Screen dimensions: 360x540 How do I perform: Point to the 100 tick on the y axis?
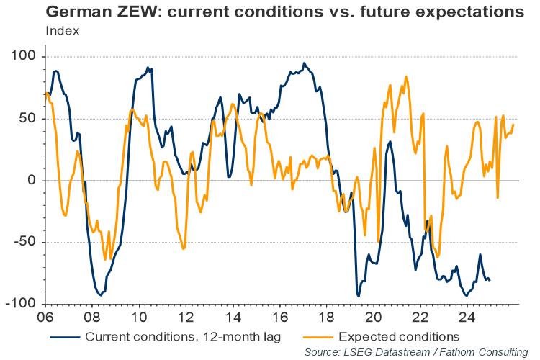coord(31,57)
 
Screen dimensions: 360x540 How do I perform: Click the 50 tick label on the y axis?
coord(35,119)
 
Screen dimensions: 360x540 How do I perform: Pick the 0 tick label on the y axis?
coord(38,181)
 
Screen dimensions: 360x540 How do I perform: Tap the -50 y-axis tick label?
coord(32,243)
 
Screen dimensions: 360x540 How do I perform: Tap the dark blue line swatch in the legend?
coord(65,336)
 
